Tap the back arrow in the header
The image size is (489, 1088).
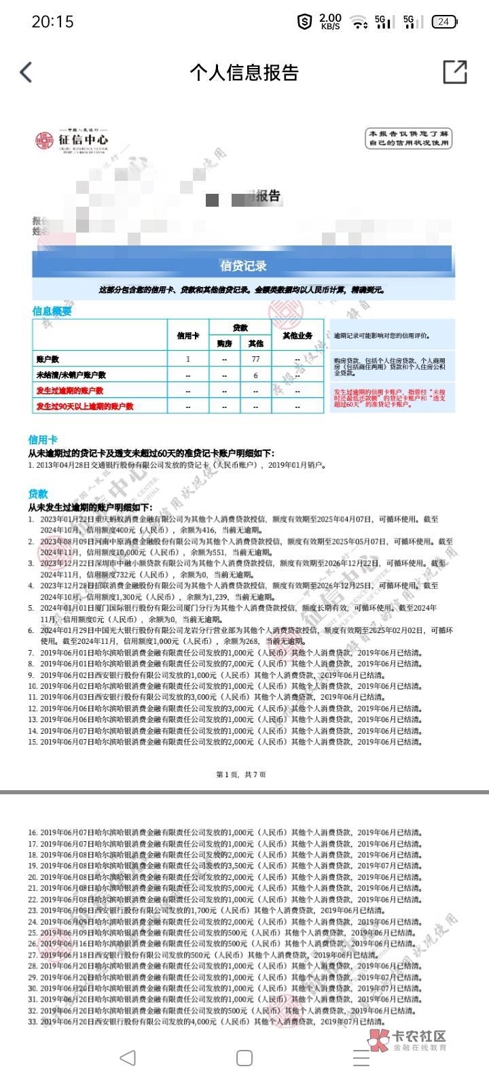coord(26,72)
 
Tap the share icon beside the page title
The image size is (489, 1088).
coord(454,72)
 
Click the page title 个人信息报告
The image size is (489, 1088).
coord(244,72)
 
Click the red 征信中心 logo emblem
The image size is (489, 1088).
coord(45,140)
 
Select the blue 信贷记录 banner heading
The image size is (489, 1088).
coord(243,266)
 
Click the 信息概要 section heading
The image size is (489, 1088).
coord(52,311)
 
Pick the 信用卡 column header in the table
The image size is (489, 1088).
coord(188,335)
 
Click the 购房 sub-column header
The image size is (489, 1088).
coord(224,343)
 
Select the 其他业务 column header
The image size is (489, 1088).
coord(297,335)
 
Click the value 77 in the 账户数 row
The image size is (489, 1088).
coord(256,359)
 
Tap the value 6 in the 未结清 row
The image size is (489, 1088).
coord(256,375)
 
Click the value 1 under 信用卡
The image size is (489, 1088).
coord(188,359)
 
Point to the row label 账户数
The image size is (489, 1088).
coord(48,359)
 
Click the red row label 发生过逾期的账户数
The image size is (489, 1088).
coord(70,390)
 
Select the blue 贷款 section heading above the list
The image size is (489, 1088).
coord(38,494)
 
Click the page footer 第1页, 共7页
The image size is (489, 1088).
coord(241,775)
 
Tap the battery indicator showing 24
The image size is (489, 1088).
coord(443,22)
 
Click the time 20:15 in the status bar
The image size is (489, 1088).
coord(52,22)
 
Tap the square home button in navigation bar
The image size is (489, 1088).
coord(244,1057)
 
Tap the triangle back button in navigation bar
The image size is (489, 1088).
coord(127,1057)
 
